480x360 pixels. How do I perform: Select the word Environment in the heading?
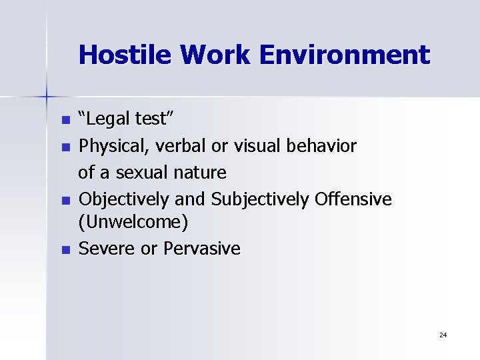(345, 54)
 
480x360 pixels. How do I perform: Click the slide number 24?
(443, 334)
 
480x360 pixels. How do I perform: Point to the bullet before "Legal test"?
(65, 121)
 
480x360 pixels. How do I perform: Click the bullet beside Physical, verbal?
(65, 147)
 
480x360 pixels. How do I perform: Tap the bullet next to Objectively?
(65, 200)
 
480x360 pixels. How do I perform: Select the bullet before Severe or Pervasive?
(65, 250)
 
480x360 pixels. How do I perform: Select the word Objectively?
(121, 199)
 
